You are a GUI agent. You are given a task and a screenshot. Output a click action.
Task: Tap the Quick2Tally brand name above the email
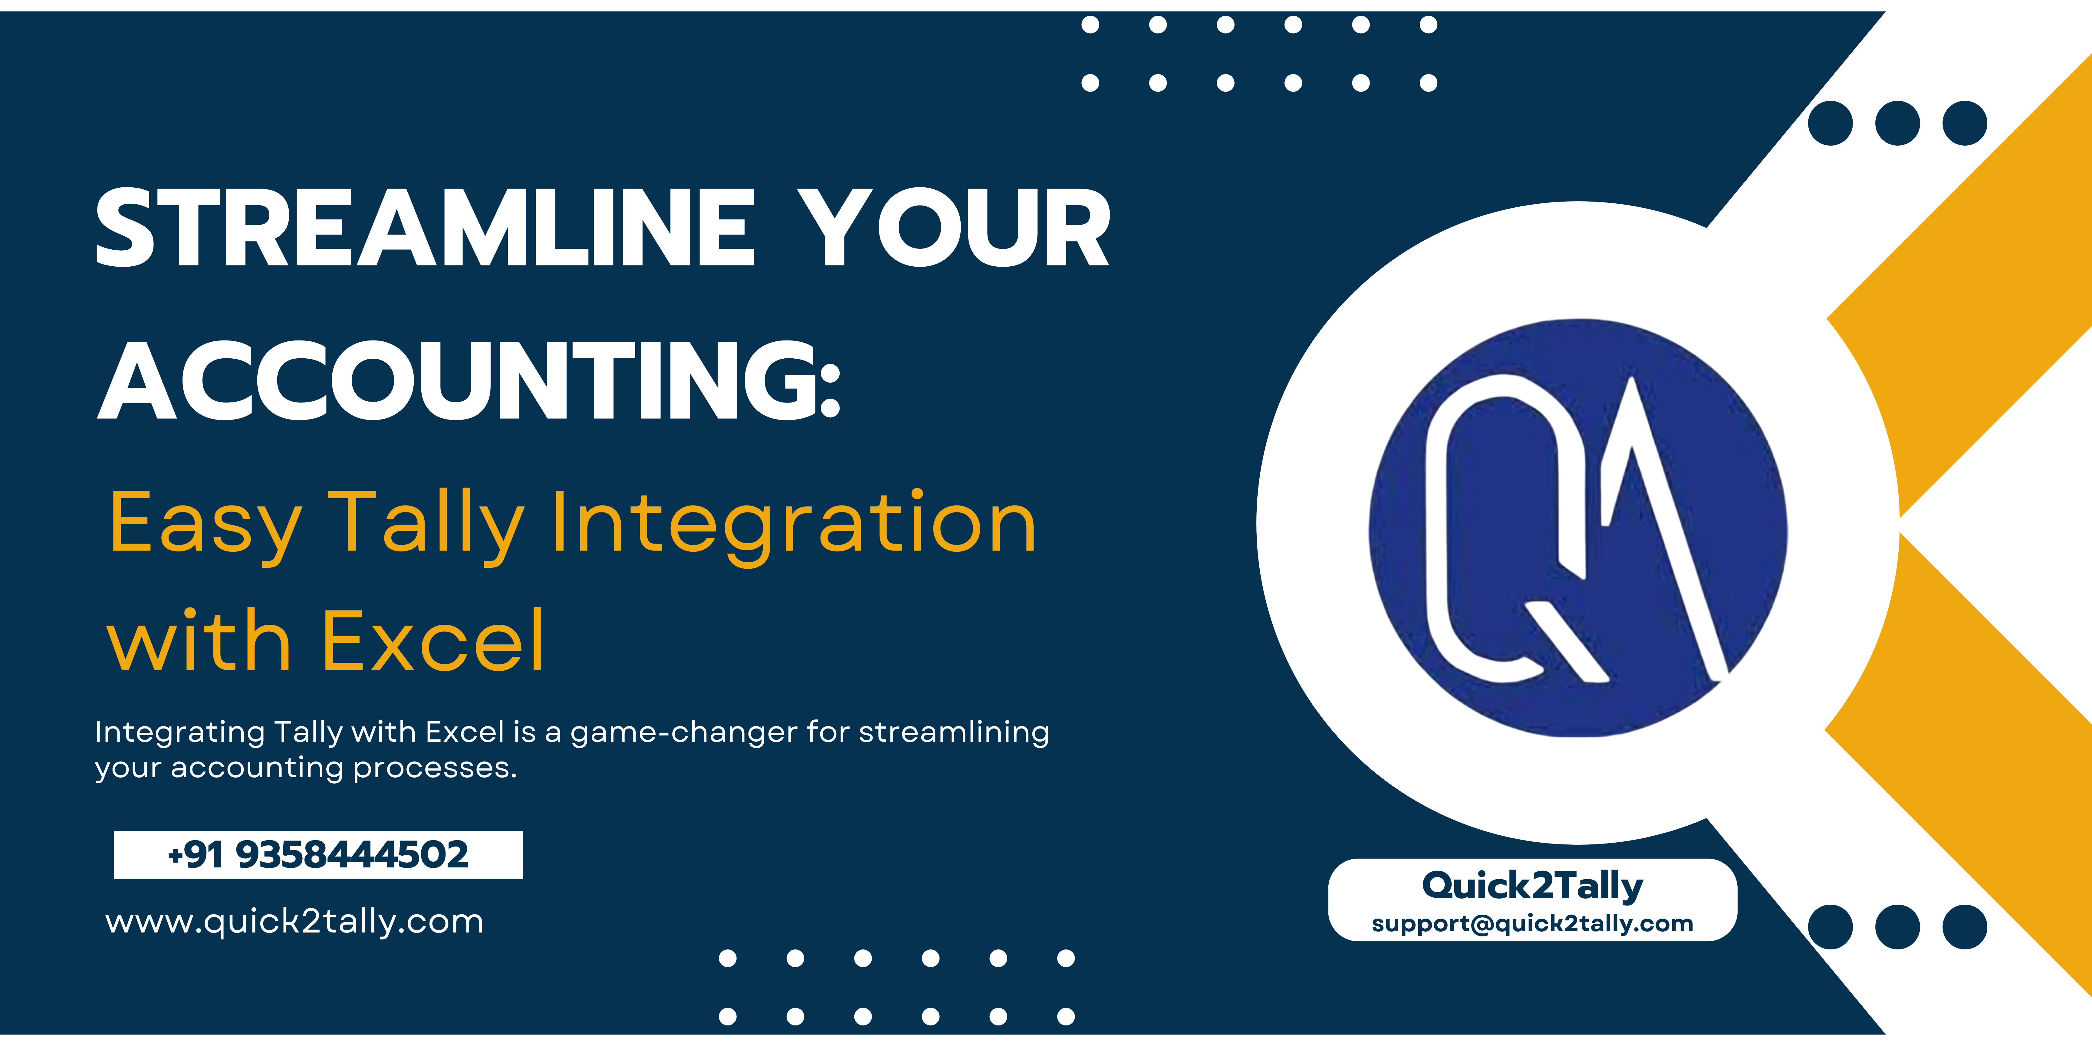(x=1532, y=885)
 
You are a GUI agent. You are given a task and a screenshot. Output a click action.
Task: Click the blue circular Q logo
(x=1577, y=528)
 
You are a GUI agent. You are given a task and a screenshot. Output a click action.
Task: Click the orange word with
(x=199, y=642)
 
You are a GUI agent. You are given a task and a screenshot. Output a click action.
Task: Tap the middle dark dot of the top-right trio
(x=1897, y=123)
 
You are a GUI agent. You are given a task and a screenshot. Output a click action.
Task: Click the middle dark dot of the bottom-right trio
(x=1897, y=927)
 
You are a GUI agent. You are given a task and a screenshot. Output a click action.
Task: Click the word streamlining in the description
(x=953, y=732)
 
